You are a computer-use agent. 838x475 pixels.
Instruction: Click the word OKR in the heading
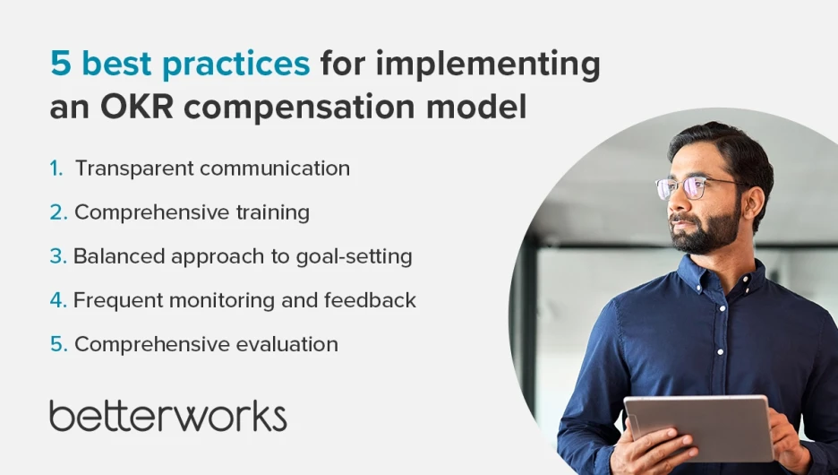pyautogui.click(x=137, y=107)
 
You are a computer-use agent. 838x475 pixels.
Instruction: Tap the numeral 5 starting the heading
pyautogui.click(x=60, y=63)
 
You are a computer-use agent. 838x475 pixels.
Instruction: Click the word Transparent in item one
pyautogui.click(x=134, y=168)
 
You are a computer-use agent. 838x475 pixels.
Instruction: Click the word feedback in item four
pyautogui.click(x=370, y=299)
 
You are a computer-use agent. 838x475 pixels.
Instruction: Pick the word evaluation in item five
pyautogui.click(x=286, y=344)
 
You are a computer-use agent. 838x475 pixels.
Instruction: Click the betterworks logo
pyautogui.click(x=167, y=416)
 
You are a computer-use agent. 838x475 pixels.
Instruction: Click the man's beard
pyautogui.click(x=705, y=229)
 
